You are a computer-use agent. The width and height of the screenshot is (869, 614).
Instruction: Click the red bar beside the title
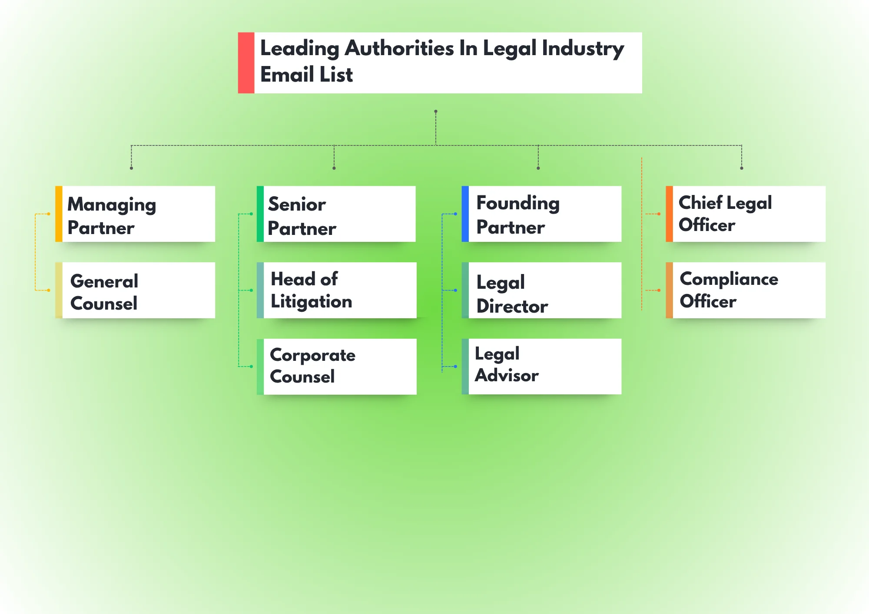(x=246, y=63)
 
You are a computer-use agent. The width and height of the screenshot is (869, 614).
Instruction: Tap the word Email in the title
(x=287, y=75)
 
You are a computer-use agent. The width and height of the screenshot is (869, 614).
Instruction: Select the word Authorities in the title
(x=399, y=48)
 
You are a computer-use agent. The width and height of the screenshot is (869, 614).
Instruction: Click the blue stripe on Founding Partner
(x=465, y=214)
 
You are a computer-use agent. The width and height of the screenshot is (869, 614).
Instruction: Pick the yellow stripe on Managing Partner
(x=59, y=214)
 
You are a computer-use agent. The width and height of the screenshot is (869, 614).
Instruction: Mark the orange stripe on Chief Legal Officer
(x=669, y=214)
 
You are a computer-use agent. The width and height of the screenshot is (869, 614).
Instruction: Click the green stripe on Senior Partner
(x=260, y=214)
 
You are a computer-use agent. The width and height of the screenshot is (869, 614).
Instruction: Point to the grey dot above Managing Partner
(x=131, y=168)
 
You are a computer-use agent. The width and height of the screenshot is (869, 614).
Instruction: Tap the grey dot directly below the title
(x=436, y=112)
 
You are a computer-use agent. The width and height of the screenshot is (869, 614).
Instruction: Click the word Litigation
(x=311, y=302)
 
